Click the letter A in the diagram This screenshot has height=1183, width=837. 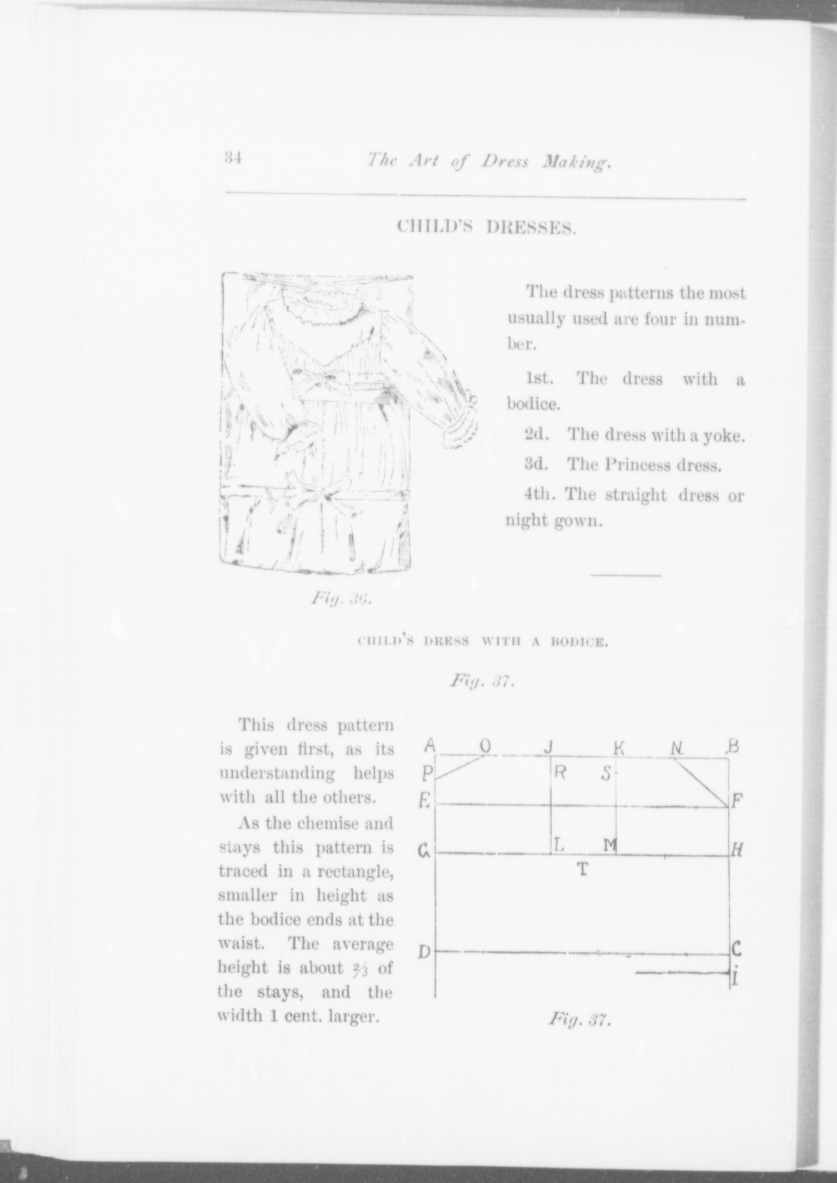click(x=430, y=746)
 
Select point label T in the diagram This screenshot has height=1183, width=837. click(x=583, y=869)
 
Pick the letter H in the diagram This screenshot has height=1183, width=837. click(x=737, y=851)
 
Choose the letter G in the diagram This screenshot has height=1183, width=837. click(x=424, y=852)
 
